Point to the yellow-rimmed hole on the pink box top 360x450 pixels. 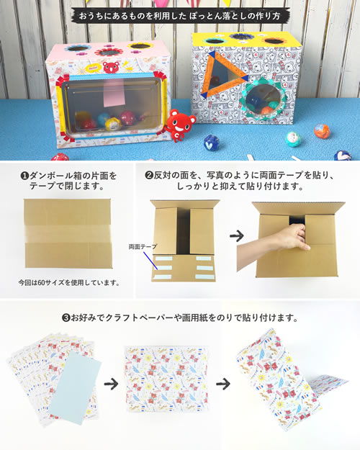coord(140,45)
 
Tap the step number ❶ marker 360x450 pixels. coord(24,176)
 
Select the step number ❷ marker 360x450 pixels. coord(149,175)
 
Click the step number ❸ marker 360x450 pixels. coord(66,318)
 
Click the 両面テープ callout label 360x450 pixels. coord(143,246)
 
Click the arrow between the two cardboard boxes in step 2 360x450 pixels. coord(237,236)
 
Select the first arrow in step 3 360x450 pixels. coord(111,384)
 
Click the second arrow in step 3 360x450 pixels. coord(223,384)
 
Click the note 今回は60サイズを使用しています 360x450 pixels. coord(69,283)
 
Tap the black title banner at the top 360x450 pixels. coord(180,16)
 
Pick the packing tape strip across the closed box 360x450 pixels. coord(68,234)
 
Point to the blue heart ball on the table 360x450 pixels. coord(211,142)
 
